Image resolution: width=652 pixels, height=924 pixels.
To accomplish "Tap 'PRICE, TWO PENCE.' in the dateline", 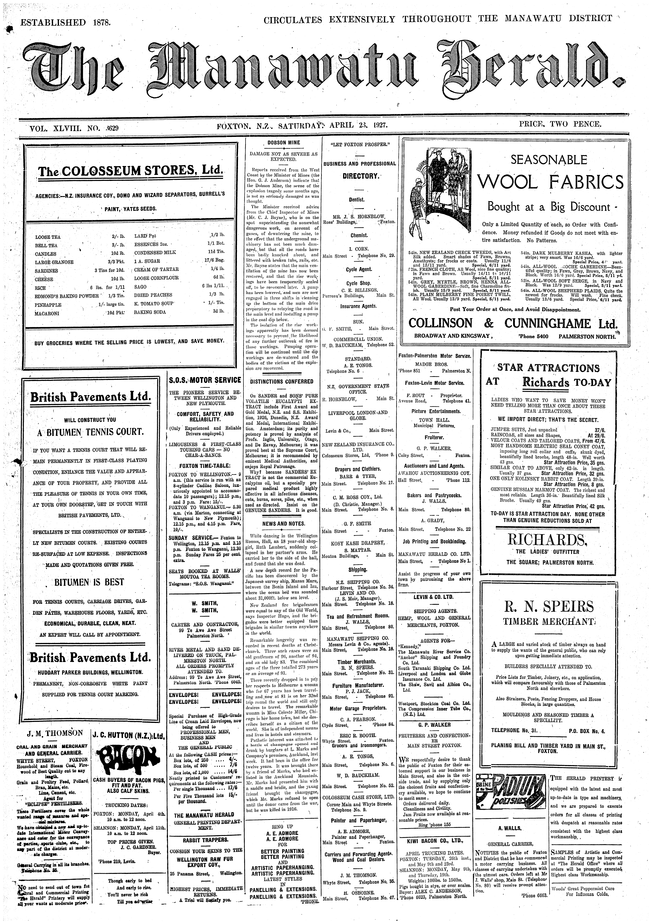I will [560, 124].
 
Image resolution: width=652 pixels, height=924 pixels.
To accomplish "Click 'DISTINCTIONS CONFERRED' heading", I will [282, 381].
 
